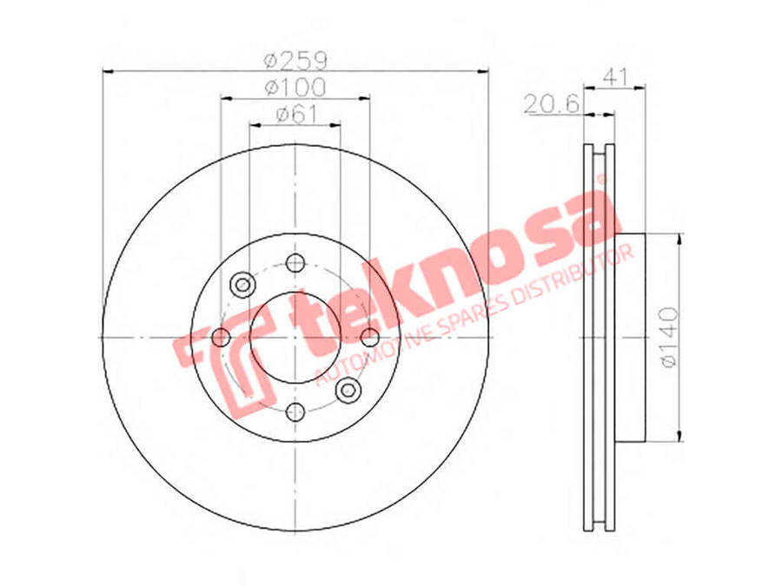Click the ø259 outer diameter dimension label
[x=295, y=61]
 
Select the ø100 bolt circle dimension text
[x=295, y=88]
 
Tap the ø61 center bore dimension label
[x=295, y=114]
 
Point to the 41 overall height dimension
[x=614, y=76]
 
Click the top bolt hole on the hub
[x=295, y=262]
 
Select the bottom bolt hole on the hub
[x=295, y=412]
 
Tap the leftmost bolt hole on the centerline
[x=221, y=337]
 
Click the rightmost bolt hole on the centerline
[x=370, y=337]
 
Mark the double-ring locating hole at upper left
[x=242, y=284]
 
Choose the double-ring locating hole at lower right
[x=348, y=390]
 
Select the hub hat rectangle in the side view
[x=631, y=337]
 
